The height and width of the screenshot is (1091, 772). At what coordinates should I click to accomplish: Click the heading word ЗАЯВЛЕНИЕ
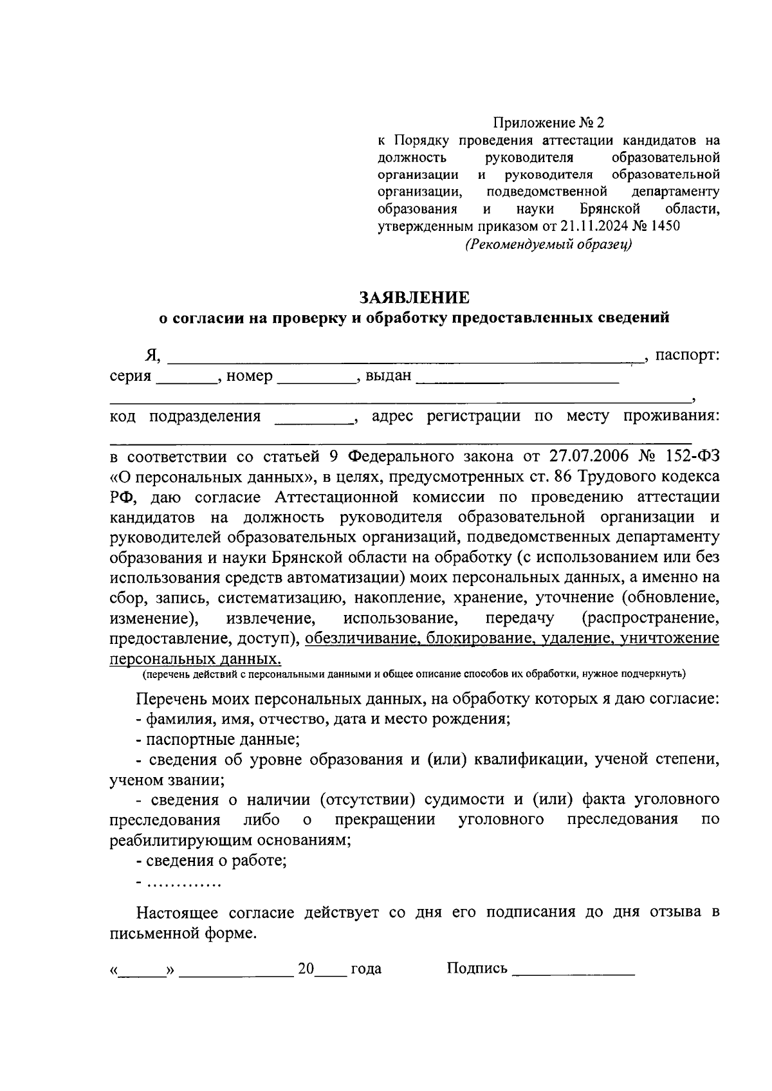point(414,297)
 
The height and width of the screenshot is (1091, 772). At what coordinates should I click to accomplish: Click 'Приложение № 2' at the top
point(549,122)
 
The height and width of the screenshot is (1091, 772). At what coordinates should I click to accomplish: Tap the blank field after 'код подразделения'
point(314,419)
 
